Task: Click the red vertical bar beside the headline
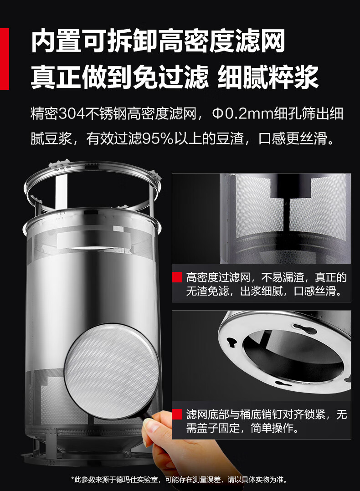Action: point(5,59)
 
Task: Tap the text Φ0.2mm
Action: point(242,114)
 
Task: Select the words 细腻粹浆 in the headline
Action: point(268,77)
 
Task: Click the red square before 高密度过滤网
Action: point(177,277)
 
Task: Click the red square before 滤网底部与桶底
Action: point(177,414)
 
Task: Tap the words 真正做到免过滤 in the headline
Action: point(120,77)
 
